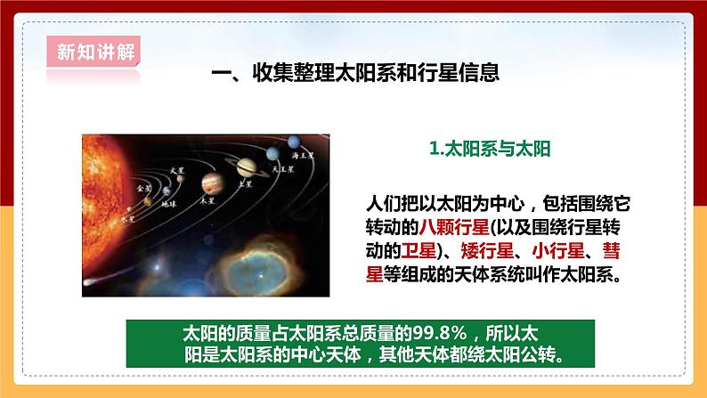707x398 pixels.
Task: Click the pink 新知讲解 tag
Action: [90, 49]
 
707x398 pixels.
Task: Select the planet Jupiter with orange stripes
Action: [210, 183]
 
